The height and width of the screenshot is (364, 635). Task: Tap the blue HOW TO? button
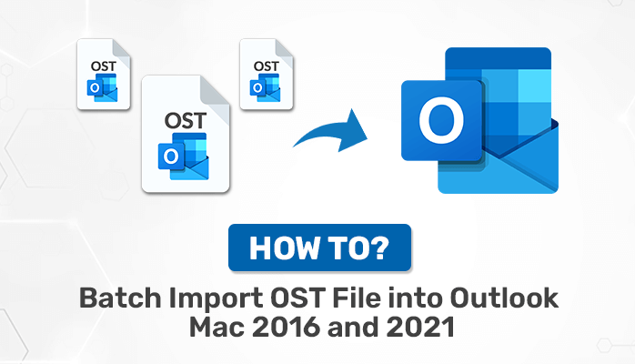[x=320, y=248]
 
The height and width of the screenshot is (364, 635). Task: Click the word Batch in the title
[x=120, y=298]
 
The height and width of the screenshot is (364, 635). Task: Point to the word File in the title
[x=357, y=298]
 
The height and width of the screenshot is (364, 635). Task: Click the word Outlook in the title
[x=504, y=298]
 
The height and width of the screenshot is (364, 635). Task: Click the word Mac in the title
[x=217, y=328]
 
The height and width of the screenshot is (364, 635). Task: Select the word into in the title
[x=416, y=298]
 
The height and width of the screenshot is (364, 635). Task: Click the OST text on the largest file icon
[x=185, y=121]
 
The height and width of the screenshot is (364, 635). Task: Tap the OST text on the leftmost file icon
[x=104, y=66]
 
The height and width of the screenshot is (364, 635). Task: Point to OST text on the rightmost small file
[x=266, y=66]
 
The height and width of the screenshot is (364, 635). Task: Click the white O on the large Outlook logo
[x=441, y=120]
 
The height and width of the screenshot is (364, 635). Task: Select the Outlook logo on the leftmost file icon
[x=102, y=87]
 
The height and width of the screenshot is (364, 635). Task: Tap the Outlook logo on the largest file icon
[x=183, y=157]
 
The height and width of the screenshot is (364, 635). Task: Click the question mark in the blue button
[x=379, y=248]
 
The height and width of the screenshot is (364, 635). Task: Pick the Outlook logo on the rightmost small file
[x=265, y=87]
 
